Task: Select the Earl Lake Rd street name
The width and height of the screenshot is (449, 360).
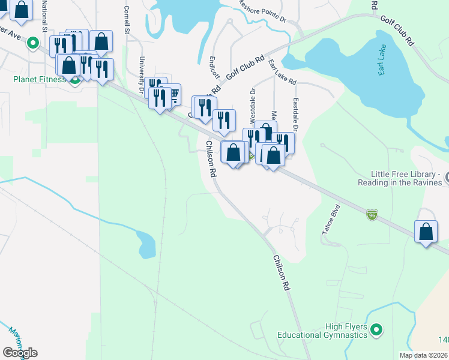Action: tap(282, 72)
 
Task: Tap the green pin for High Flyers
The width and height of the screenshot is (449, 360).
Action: tap(376, 329)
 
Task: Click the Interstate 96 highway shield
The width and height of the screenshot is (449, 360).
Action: tap(372, 213)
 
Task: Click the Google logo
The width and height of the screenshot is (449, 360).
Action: tap(20, 353)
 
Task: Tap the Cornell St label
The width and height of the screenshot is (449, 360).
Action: tap(127, 20)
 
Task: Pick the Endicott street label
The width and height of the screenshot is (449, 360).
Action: tap(213, 67)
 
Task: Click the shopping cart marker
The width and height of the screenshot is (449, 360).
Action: tap(172, 95)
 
